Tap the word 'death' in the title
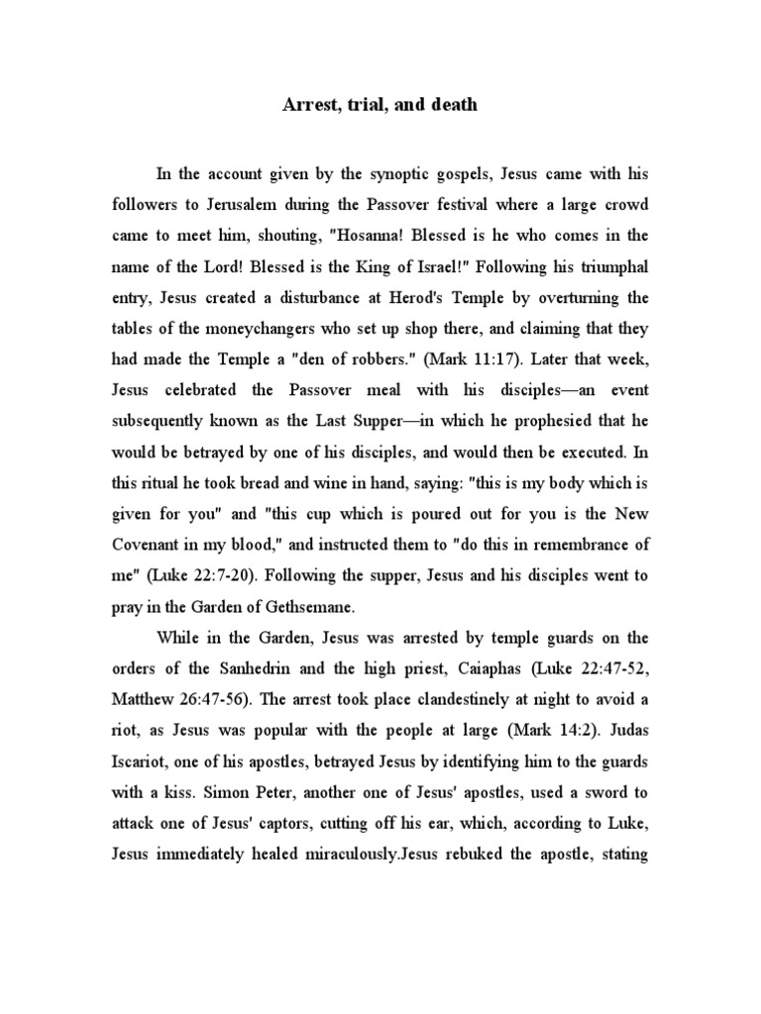451,104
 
